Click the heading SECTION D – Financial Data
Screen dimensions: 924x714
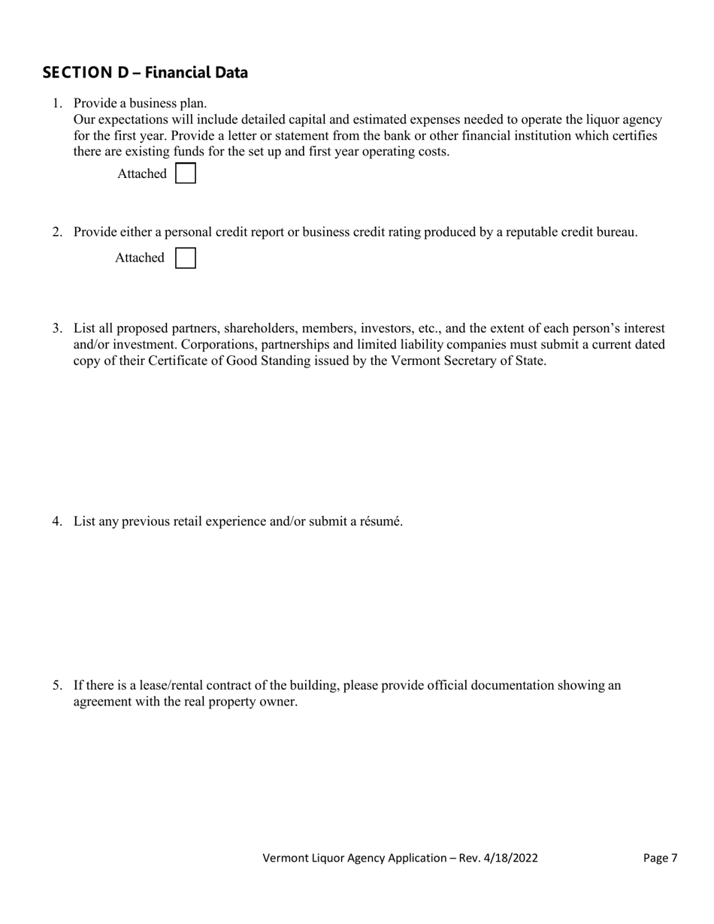(145, 73)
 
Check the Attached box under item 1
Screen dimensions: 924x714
(185, 174)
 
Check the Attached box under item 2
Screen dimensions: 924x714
(185, 258)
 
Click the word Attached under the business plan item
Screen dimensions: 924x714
(142, 174)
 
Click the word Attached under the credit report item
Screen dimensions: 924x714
(140, 258)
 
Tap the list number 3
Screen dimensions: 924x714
(57, 328)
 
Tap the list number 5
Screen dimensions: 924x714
(57, 685)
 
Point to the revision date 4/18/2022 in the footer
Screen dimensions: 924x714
(512, 858)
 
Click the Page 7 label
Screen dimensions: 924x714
(661, 858)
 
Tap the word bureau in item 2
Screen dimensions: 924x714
(616, 232)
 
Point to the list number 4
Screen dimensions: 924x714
(57, 521)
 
